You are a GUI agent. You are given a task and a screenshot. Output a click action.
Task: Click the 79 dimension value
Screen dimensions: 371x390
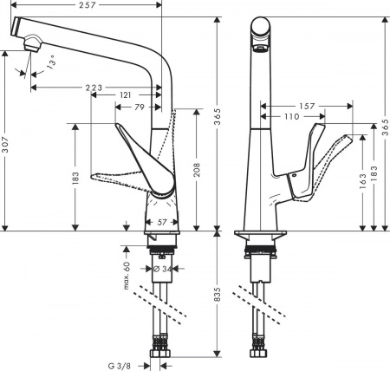coord(138,107)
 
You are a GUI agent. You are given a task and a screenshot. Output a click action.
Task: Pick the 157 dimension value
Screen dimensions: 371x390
coord(309,107)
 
